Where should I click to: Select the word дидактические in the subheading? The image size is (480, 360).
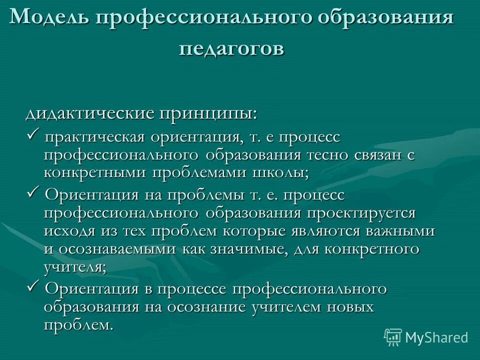pyautogui.click(x=90, y=113)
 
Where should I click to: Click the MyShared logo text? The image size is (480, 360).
pyautogui.click(x=436, y=337)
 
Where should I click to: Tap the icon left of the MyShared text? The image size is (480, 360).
pyautogui.click(x=393, y=337)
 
